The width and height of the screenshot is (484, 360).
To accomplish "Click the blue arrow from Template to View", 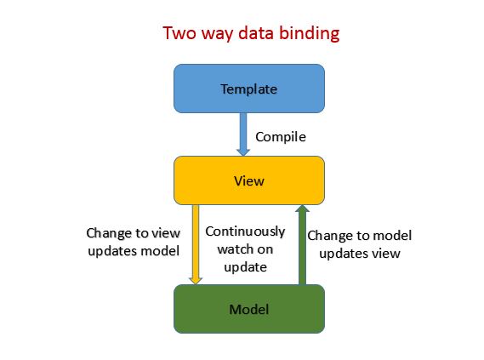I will tap(243, 136).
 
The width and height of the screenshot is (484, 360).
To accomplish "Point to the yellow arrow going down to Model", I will tap(196, 243).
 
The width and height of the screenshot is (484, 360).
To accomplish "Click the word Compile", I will tap(281, 136).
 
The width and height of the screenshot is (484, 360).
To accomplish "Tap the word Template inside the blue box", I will tap(248, 89).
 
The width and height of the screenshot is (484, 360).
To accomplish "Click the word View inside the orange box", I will tap(248, 180).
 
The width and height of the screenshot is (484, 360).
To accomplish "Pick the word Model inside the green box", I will tap(248, 309).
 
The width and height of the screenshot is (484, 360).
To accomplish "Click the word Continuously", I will tap(246, 231).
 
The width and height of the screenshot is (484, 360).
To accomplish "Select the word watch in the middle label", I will tap(234, 249).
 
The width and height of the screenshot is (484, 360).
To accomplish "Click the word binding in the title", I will tap(310, 34).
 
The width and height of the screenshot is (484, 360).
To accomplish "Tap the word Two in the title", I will tap(179, 34).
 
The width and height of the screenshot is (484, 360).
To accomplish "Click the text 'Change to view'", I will tap(134, 232).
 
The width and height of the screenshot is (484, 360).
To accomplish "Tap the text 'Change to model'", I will tap(359, 234).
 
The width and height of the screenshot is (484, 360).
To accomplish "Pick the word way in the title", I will tap(218, 34).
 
